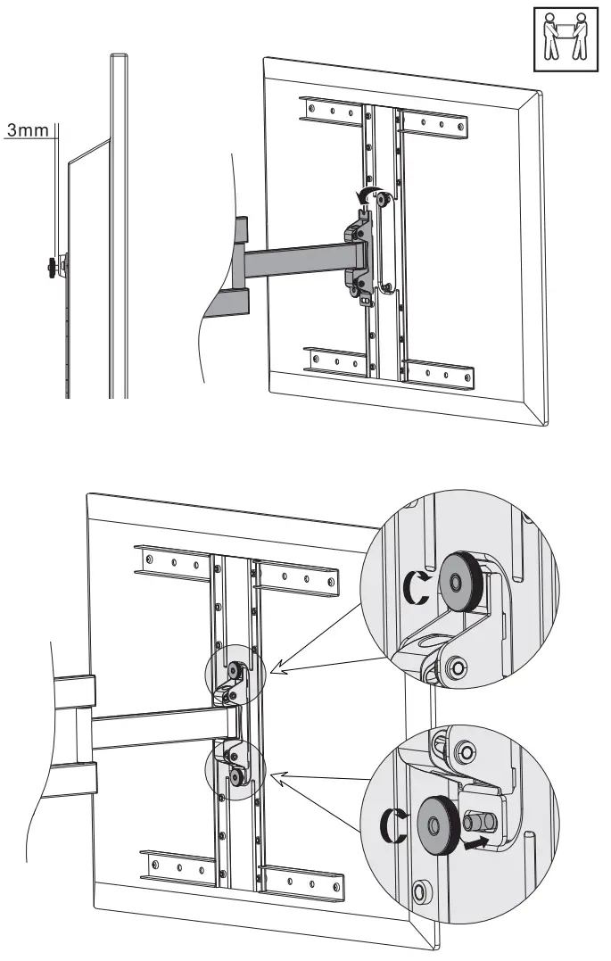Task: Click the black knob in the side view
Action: coord(46,264)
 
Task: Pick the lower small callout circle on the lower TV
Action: coord(235,766)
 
